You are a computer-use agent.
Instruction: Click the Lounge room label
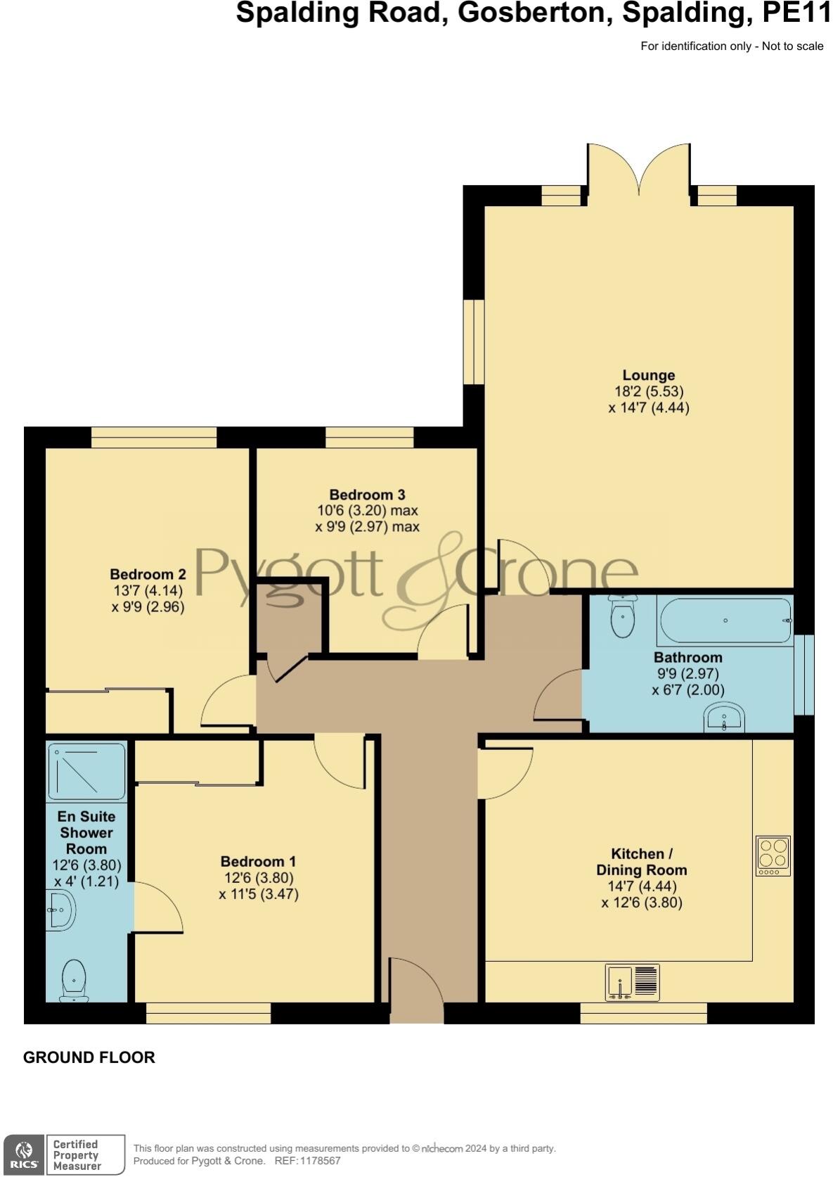point(647,376)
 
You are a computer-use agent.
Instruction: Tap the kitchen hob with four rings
point(773,855)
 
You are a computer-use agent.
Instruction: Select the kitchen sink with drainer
point(632,982)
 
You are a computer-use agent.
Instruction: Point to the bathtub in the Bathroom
point(724,621)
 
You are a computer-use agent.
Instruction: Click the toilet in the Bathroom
point(622,617)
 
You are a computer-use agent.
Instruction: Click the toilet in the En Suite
point(74,980)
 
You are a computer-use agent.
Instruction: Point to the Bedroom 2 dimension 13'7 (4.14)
point(148,591)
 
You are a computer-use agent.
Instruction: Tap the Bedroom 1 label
point(258,862)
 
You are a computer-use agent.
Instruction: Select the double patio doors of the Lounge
point(639,169)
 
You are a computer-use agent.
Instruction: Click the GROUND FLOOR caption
point(89,1057)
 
